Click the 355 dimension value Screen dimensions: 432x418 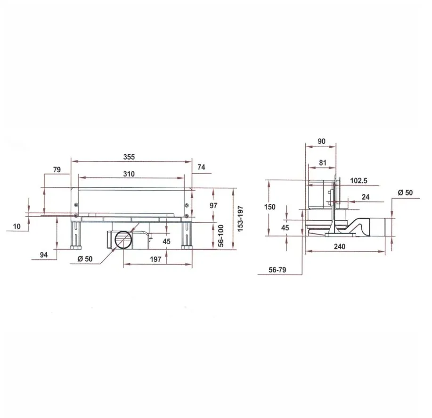click(x=129, y=157)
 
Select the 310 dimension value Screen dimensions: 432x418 click(x=129, y=174)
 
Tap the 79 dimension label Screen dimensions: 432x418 click(x=57, y=170)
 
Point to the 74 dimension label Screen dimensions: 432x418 click(x=202, y=167)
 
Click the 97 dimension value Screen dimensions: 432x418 click(x=213, y=206)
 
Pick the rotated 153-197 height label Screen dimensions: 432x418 click(x=240, y=219)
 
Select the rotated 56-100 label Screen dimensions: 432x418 click(x=220, y=236)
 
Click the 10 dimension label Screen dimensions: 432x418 click(x=17, y=226)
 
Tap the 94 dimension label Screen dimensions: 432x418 click(x=44, y=255)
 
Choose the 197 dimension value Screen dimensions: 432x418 click(x=155, y=259)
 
